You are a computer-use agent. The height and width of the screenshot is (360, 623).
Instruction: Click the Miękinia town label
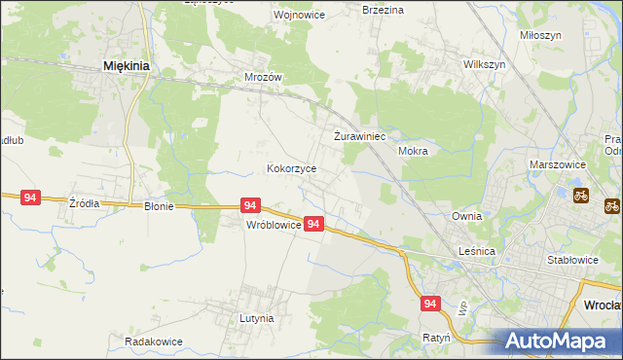pos(125,66)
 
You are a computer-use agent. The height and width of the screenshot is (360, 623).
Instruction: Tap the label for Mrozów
pos(262,76)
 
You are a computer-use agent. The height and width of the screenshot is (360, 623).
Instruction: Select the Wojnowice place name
pos(271,16)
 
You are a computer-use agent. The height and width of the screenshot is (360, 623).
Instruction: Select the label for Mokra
pos(414,152)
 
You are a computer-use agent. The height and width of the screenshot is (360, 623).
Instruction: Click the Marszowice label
pos(556,165)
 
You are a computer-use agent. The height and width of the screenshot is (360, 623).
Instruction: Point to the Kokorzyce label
pos(292,168)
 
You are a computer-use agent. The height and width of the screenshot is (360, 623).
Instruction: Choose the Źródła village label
pos(84,203)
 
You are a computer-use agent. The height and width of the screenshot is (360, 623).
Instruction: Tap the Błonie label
pos(159,206)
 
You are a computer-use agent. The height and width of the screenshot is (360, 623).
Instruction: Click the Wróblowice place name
pos(272,224)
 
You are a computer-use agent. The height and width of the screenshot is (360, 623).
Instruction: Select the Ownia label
pos(467,216)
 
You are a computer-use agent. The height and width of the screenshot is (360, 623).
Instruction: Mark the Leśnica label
pos(478,251)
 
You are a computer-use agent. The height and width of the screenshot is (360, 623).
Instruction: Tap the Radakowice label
pos(154,342)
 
